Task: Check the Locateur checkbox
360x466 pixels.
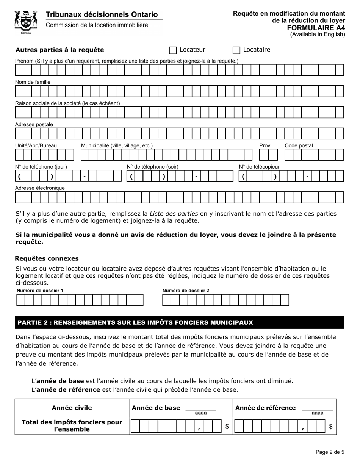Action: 173,50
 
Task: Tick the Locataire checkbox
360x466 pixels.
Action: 236,50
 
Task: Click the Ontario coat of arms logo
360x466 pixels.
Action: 26,22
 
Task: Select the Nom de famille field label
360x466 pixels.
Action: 33,82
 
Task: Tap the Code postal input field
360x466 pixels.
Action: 314,155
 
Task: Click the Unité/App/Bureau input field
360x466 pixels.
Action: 44,155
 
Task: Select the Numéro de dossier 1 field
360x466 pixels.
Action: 80,300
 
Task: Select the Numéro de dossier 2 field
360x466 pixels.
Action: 225,300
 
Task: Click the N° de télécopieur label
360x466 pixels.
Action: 259,167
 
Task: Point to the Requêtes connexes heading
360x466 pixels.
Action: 47,258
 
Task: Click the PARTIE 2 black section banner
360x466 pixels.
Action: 179,322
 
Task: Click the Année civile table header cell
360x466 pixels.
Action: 72,408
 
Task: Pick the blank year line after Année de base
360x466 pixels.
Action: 200,409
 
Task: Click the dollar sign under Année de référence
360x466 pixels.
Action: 330,427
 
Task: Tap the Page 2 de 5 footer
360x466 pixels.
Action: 330,452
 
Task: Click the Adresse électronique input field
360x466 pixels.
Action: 179,197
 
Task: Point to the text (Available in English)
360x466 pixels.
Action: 318,34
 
